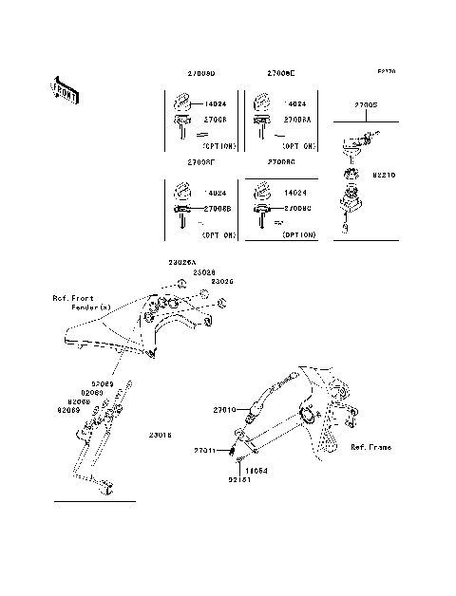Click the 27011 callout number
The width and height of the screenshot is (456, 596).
[x=206, y=450]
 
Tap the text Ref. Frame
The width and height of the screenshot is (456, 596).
[x=370, y=446]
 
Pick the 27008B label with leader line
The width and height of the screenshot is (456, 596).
[x=217, y=208]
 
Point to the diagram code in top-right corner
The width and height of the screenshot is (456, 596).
[x=385, y=70]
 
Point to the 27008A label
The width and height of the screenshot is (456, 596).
[x=289, y=120]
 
